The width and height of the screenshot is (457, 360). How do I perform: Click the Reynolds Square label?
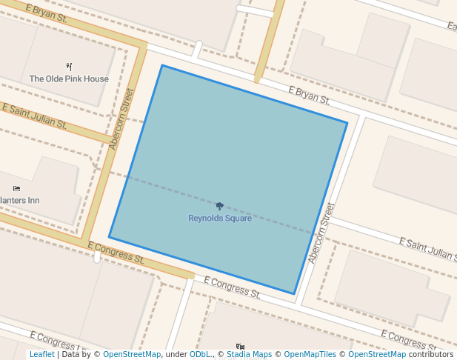(x=220, y=219)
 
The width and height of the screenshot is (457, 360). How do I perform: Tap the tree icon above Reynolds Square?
(x=220, y=207)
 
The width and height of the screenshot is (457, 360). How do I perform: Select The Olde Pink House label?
(x=69, y=79)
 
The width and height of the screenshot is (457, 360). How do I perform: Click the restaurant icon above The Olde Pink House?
(x=70, y=67)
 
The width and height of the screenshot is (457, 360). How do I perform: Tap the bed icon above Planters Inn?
(x=17, y=189)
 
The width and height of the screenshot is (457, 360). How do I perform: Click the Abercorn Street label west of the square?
(x=121, y=119)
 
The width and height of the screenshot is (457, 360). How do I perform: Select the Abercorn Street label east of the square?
(x=322, y=233)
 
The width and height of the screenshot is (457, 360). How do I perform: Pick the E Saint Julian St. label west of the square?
(x=35, y=116)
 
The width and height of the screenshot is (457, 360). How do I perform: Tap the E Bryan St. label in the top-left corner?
(x=46, y=13)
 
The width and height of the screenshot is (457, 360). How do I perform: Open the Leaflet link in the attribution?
(x=41, y=355)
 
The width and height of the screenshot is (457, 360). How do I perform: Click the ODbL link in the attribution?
(x=200, y=355)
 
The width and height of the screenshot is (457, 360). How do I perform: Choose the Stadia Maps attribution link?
(x=249, y=355)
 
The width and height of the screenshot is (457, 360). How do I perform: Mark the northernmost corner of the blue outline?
(x=162, y=65)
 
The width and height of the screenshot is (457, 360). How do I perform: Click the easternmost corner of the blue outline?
(x=347, y=122)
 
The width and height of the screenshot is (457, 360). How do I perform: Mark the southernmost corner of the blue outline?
(x=294, y=294)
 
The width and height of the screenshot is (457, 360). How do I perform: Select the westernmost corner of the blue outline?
(x=109, y=237)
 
